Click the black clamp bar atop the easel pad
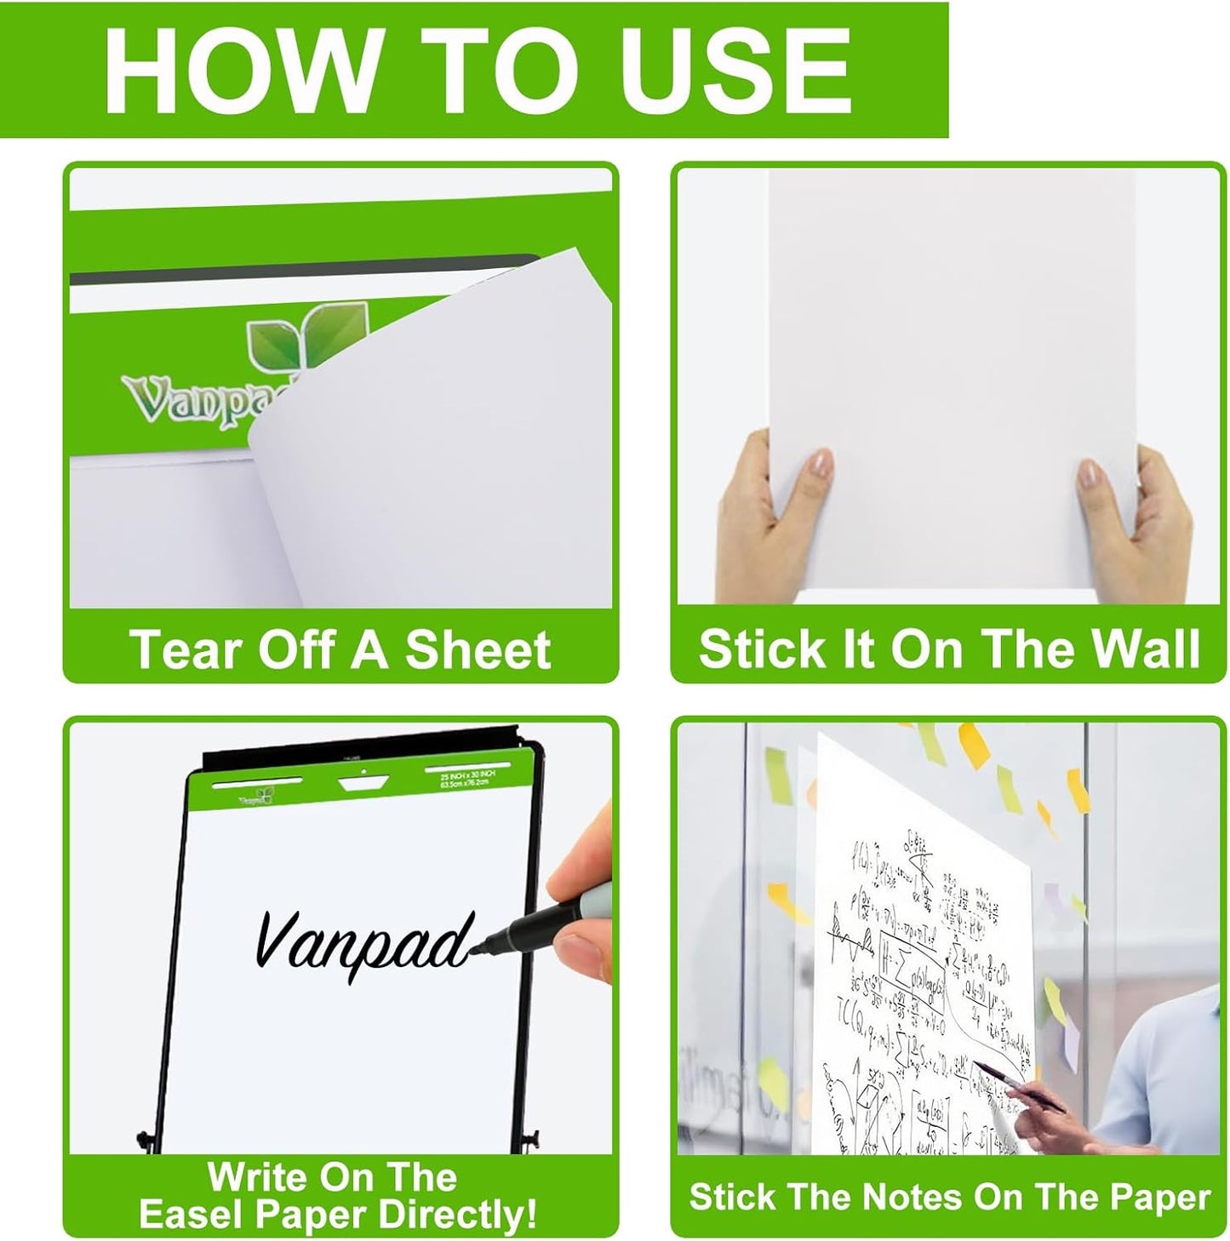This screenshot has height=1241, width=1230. (x=358, y=753)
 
